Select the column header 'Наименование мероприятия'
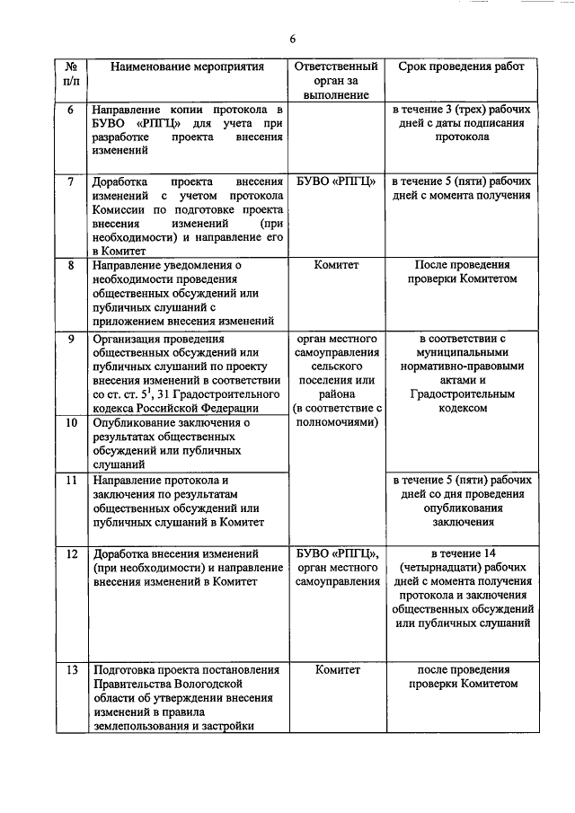[188, 66]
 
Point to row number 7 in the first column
[72, 181]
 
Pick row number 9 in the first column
[72, 339]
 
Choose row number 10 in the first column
[72, 422]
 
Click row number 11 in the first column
[72, 481]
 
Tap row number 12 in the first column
[72, 552]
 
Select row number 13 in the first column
[72, 669]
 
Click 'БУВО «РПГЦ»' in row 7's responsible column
[336, 181]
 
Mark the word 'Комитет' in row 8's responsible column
[336, 266]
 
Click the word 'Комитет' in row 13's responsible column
[336, 669]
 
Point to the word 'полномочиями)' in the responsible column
[336, 421]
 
